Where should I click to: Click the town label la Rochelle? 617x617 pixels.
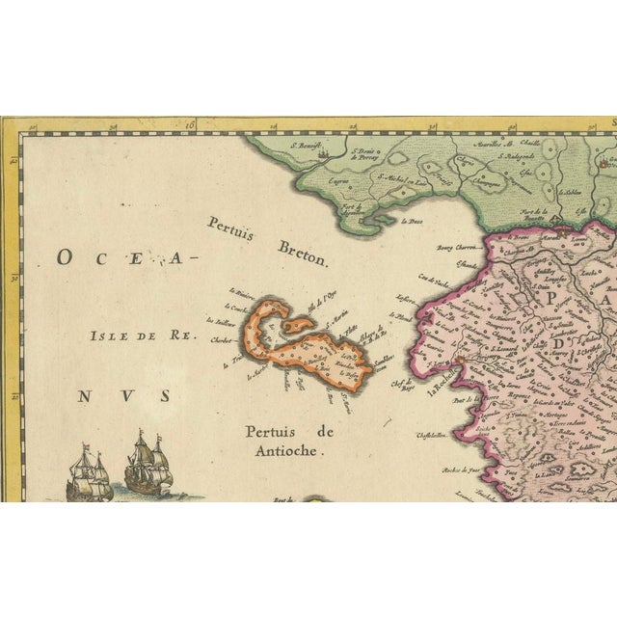(443, 379)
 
